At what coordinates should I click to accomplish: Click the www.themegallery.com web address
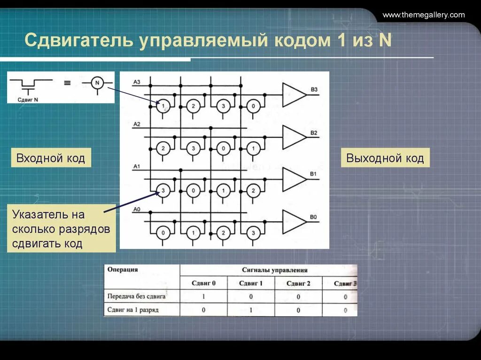(x=423, y=15)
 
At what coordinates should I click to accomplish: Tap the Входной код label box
(x=51, y=158)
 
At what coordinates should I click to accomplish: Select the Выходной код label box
(x=385, y=158)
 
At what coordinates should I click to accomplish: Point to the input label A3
(x=137, y=82)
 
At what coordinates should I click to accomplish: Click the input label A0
(x=137, y=209)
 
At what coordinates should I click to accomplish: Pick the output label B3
(x=314, y=90)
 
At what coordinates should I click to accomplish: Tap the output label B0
(x=314, y=217)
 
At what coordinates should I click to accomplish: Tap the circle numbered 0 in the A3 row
(x=253, y=106)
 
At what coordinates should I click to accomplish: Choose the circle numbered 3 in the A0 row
(x=253, y=233)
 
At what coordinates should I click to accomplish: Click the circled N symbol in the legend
(x=97, y=83)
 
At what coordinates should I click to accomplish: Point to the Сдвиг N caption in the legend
(x=28, y=99)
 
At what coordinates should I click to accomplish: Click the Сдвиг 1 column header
(x=251, y=283)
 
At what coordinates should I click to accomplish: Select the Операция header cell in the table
(x=123, y=270)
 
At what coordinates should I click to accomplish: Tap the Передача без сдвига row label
(x=136, y=297)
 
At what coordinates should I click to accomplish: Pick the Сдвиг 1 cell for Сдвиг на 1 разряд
(x=251, y=310)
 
